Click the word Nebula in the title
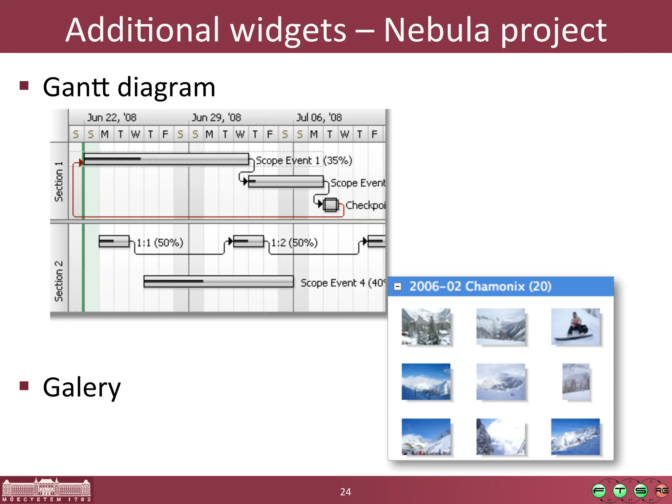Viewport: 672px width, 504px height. pos(436,30)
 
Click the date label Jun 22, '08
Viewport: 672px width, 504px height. pos(112,117)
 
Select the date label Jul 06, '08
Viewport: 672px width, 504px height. pos(319,117)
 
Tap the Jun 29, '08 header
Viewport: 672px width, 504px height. pos(216,117)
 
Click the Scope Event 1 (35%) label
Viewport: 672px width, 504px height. pos(304,160)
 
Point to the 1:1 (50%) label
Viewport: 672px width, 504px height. pos(160,243)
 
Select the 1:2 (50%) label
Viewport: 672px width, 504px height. pos(294,243)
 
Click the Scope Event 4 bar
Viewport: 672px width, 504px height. pos(218,282)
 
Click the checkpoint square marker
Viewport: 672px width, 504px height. pos(330,205)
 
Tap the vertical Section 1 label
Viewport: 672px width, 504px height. pos(59,181)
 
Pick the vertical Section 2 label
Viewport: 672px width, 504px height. pos(59,281)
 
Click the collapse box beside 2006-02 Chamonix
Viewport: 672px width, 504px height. pos(397,287)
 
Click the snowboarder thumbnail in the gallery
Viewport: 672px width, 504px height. pos(576,326)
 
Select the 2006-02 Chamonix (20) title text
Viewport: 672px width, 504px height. pos(480,286)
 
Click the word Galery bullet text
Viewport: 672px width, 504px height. pos(82,388)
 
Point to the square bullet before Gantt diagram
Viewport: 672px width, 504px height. pos(24,86)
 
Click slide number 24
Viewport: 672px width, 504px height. pos(345,492)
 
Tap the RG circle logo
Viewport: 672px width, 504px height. pos(661,491)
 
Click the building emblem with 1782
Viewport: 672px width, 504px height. pos(46,490)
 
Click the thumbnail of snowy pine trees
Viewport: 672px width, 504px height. pos(426,326)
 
